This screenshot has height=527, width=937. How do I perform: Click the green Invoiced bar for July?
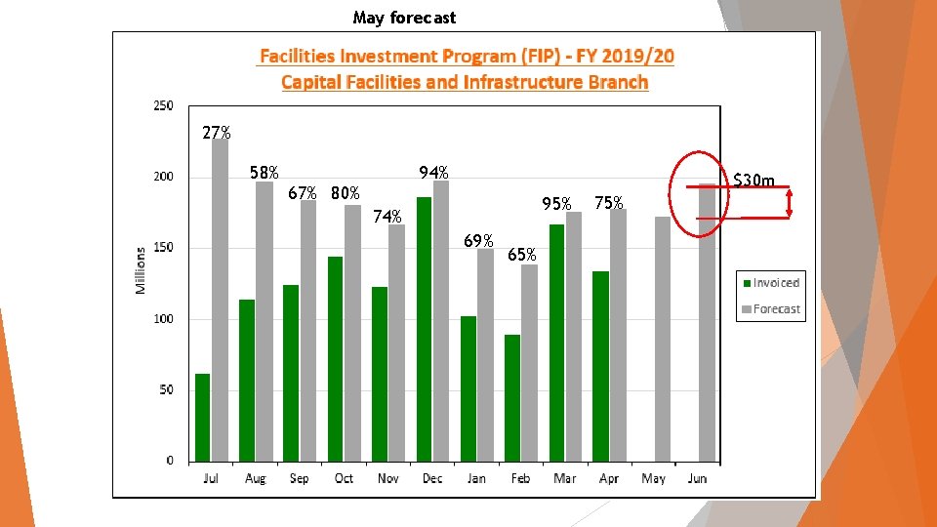point(203,418)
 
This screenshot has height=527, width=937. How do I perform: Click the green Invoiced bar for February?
point(512,398)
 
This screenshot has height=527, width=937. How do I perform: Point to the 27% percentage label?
point(217,133)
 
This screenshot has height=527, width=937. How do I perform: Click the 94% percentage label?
point(433,173)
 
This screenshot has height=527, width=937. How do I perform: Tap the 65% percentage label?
point(522,255)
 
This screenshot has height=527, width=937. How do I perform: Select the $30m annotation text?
point(754,181)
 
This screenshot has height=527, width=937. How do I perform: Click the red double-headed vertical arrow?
point(789,202)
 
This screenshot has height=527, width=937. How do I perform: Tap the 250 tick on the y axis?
point(162,105)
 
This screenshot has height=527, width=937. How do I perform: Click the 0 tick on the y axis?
point(170,461)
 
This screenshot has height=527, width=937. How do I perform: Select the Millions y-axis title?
point(141,270)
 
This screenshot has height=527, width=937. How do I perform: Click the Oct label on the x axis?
point(344,478)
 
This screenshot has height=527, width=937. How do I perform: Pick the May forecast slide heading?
point(404,18)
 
